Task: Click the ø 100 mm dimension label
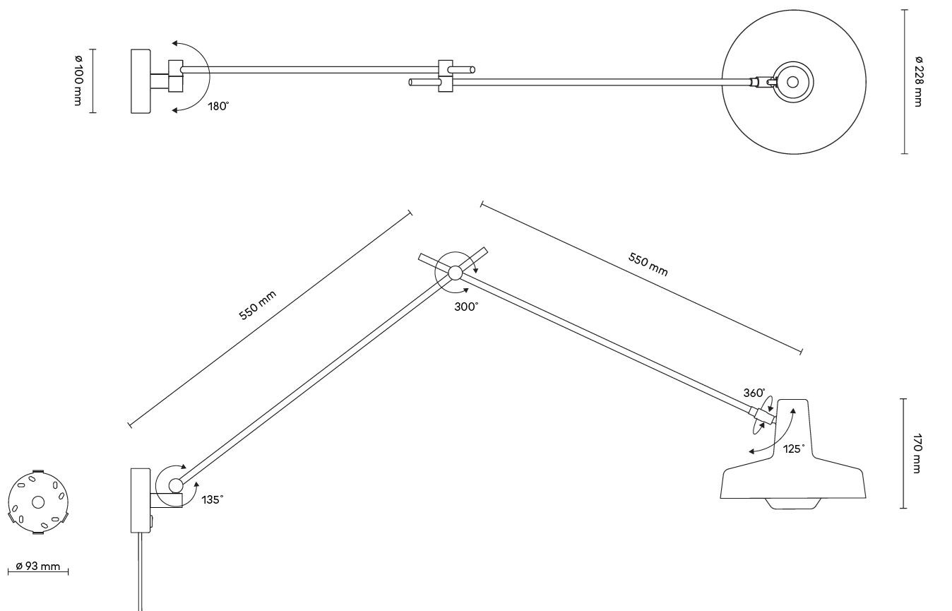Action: pos(77,81)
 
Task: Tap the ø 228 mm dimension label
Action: pos(918,81)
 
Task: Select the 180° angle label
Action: pos(218,107)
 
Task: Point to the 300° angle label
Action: pos(466,307)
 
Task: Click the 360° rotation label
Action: pos(754,393)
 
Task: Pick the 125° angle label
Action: pos(793,449)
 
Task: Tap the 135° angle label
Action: pos(212,499)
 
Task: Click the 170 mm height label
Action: pos(917,453)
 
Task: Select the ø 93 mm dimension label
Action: pos(38,567)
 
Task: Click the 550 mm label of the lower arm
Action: pos(257,305)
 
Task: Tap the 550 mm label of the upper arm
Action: pos(648,264)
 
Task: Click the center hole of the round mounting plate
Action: pos(38,502)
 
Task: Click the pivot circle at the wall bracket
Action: pos(174,485)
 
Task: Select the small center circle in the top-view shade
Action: pos(792,82)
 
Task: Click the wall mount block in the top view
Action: pos(141,81)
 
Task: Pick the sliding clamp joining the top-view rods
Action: pos(446,76)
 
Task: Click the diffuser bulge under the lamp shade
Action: pos(792,504)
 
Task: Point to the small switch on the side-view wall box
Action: pos(152,522)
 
